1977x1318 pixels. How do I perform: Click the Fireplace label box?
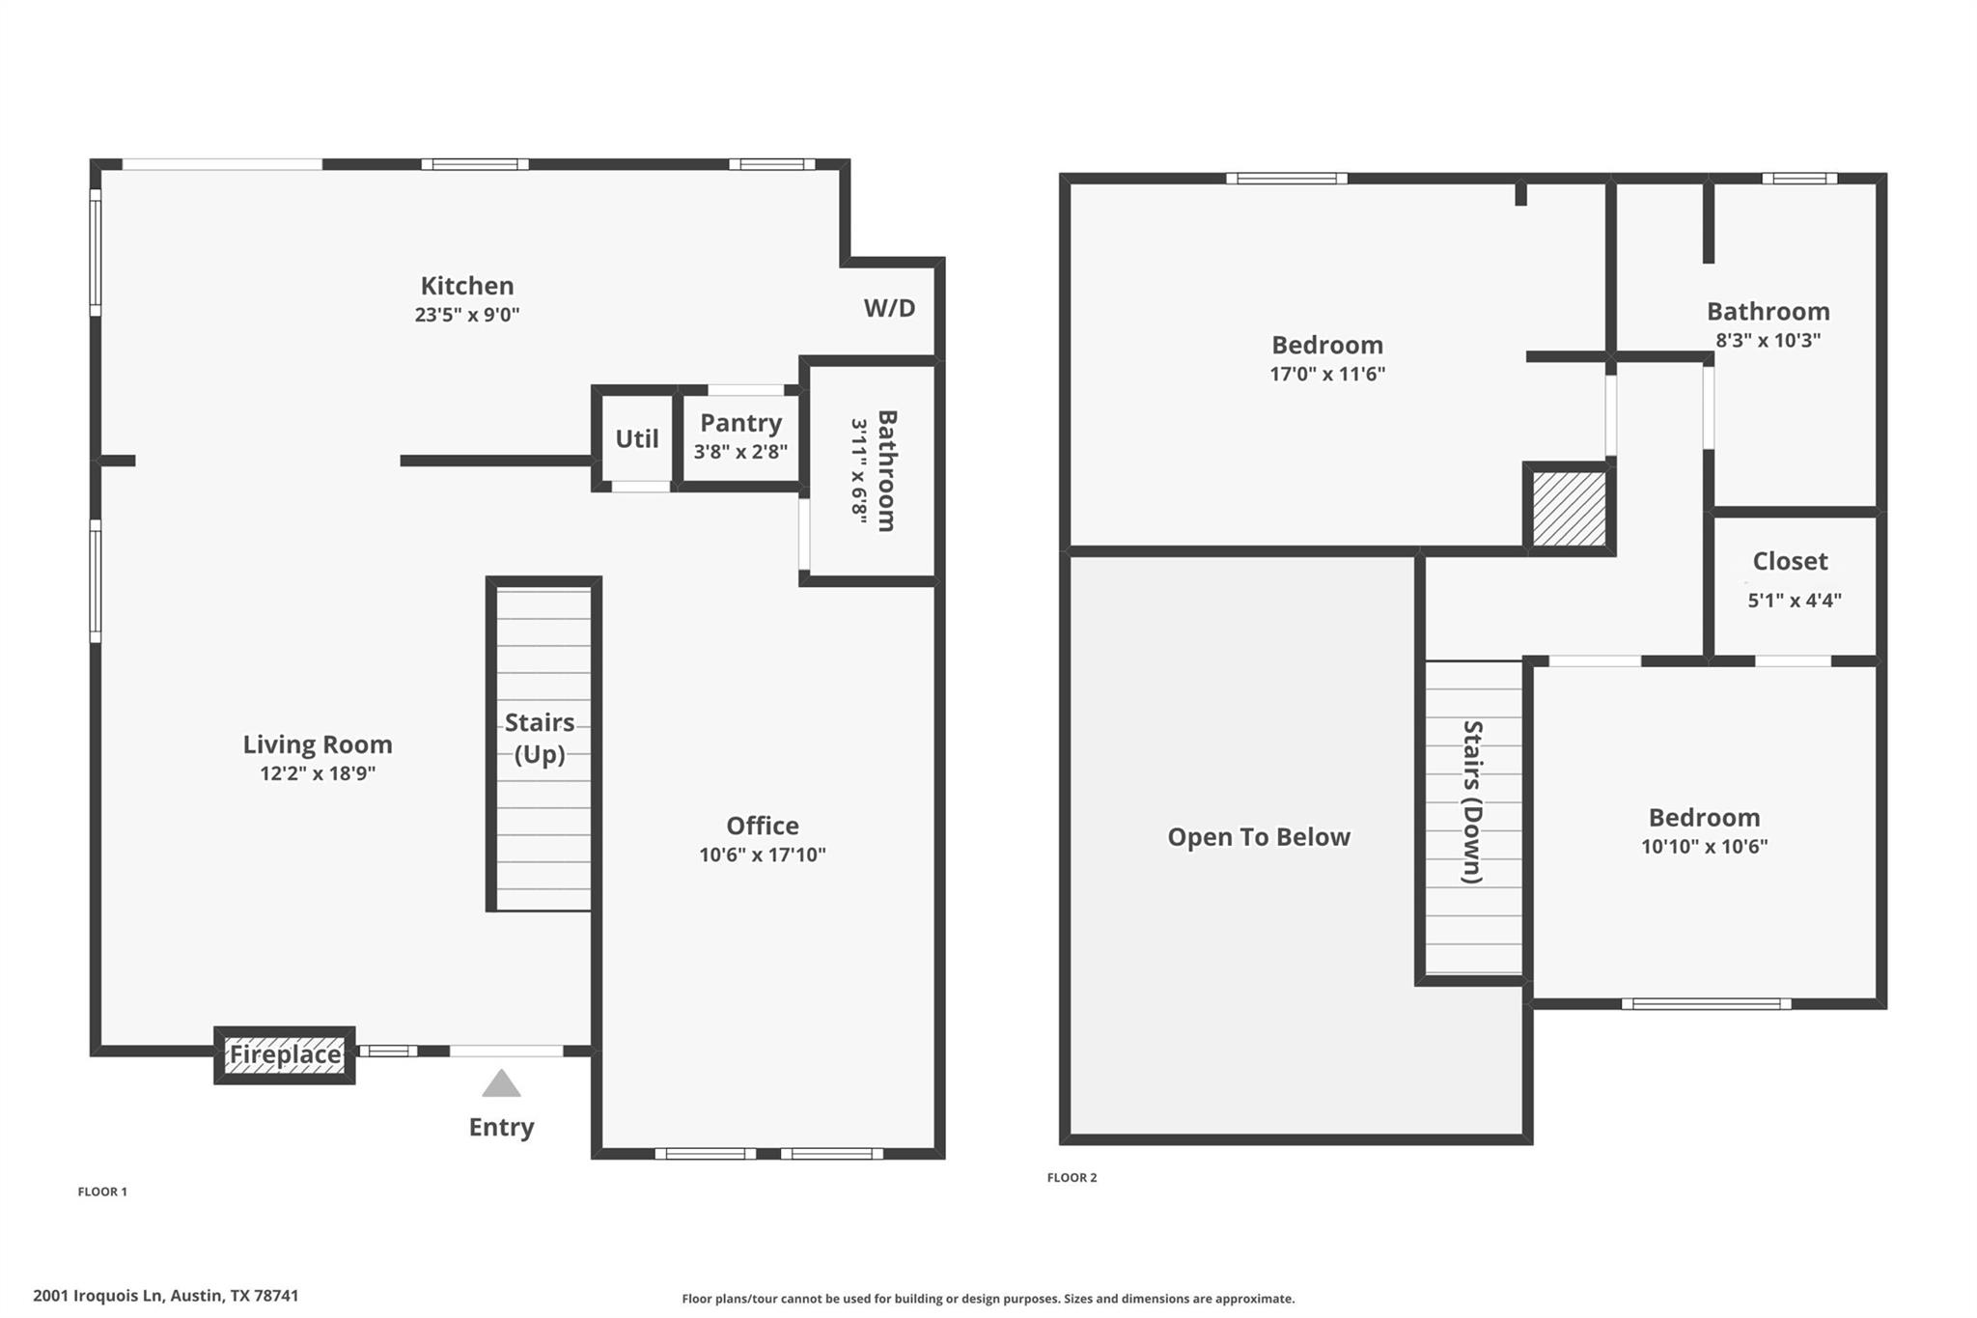point(285,1054)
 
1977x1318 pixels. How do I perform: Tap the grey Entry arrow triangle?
point(501,1083)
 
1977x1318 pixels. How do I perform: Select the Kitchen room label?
point(467,286)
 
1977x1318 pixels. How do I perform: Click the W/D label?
point(889,308)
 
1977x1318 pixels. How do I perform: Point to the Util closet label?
point(637,438)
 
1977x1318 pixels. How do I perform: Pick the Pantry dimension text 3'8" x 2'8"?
point(740,451)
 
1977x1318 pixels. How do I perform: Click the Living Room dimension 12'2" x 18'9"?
point(318,773)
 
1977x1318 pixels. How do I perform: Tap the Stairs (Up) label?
point(540,738)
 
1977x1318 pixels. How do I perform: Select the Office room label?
point(763,826)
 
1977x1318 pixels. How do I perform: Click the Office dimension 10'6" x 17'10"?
point(763,855)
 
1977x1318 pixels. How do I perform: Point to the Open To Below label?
point(1259,837)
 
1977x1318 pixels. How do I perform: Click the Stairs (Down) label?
point(1472,801)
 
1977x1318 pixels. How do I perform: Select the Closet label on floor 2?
point(1791,561)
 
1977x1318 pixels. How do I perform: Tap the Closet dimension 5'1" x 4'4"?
point(1795,600)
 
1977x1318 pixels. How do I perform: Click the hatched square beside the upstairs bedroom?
point(1569,509)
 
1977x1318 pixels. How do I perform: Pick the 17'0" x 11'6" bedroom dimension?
point(1327,374)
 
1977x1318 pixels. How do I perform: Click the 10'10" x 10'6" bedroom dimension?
point(1705,847)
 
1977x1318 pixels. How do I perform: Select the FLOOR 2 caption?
point(1072,1177)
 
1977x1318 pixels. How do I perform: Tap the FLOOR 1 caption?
point(102,1192)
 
